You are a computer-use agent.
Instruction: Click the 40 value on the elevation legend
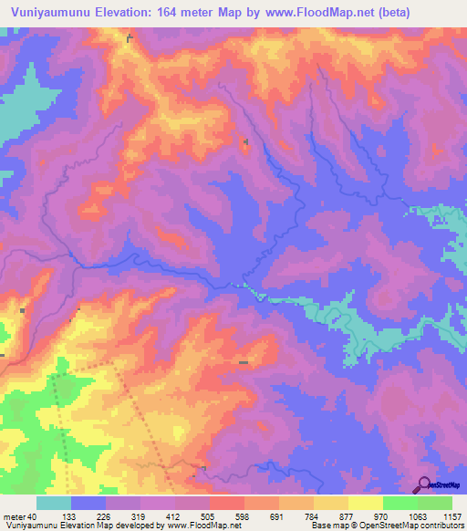click(x=34, y=517)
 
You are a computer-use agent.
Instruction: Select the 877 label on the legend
click(x=348, y=517)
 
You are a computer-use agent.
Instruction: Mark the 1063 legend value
click(x=418, y=517)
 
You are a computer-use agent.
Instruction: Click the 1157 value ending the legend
click(x=452, y=517)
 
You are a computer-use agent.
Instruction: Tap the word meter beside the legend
click(x=15, y=517)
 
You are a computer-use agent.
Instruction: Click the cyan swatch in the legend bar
click(x=53, y=504)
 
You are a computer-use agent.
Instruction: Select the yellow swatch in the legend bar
click(x=365, y=504)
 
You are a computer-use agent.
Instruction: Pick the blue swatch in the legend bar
click(x=88, y=504)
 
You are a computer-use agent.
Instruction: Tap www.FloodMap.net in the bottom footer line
click(x=196, y=526)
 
